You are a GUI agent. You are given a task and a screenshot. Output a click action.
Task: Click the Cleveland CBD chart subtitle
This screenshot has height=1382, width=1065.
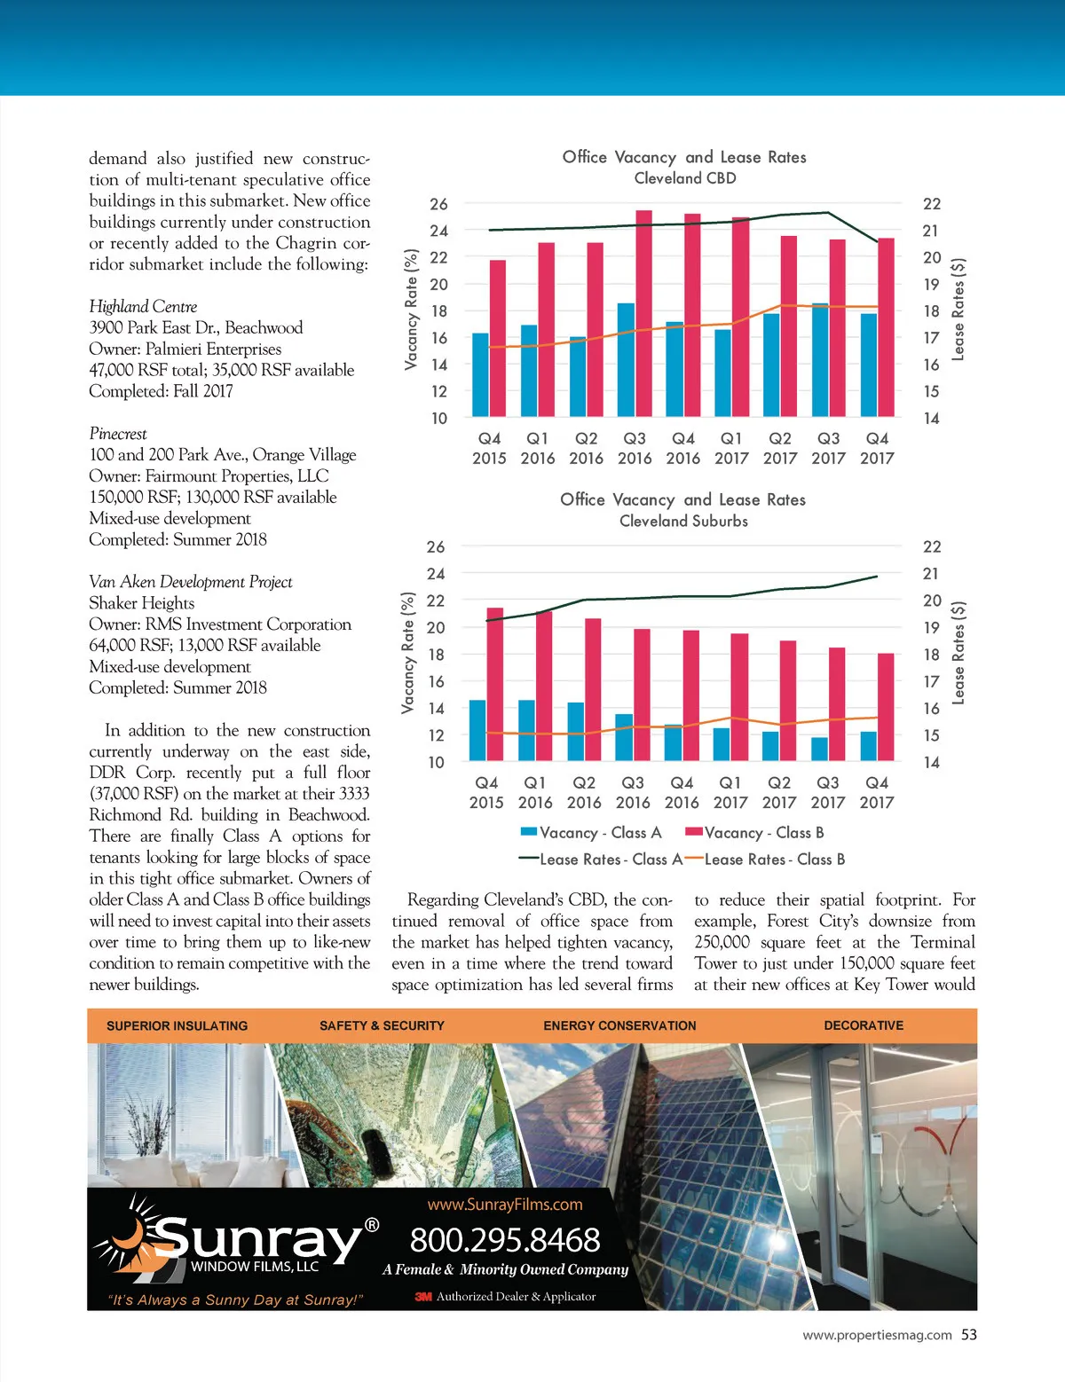pos(684,178)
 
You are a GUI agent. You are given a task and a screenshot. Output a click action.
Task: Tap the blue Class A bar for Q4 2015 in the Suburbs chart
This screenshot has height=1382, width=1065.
pos(477,731)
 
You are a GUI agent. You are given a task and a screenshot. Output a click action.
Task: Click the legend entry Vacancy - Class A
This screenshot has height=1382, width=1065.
pos(591,833)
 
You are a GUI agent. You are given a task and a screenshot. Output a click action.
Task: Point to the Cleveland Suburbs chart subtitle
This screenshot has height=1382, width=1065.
pos(683,522)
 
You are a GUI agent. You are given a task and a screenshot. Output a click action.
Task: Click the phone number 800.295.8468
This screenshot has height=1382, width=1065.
pos(505,1240)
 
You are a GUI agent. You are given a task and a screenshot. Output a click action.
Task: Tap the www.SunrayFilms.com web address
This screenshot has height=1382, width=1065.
pos(505,1205)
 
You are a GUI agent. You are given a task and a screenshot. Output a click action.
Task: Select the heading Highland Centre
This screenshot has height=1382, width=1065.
pos(143,307)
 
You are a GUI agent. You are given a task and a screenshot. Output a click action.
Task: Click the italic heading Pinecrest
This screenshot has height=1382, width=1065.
pos(118,434)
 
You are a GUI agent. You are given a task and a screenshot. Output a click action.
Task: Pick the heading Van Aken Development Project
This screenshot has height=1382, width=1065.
pos(190,582)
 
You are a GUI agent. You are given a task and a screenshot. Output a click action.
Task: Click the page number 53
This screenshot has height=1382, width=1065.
pos(968,1334)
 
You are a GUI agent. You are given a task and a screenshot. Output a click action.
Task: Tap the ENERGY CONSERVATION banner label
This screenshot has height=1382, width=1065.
pos(619,1025)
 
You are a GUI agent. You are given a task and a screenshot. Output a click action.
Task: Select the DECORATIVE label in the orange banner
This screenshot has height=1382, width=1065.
pos(864,1025)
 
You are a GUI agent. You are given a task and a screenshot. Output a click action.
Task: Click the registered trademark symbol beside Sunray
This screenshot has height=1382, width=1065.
pos(372,1225)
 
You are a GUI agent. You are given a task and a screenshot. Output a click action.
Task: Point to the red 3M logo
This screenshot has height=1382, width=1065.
pos(423,1297)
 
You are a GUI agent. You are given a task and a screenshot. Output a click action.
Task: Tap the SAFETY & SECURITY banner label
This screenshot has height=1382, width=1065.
pos(382,1025)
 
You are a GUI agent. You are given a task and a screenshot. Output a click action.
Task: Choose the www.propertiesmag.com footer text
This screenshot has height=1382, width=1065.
pos(877,1335)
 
